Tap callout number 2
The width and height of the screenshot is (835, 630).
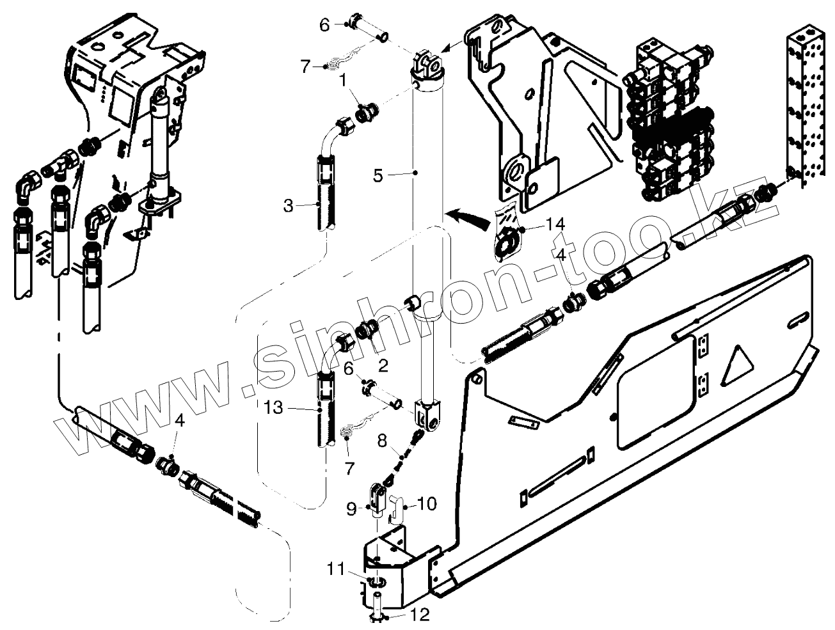(383, 366)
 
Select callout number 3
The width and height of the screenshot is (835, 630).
(288, 206)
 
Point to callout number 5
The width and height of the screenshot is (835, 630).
(379, 174)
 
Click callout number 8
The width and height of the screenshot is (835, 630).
(381, 440)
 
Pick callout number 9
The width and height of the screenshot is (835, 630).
(351, 509)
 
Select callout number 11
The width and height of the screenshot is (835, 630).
(337, 569)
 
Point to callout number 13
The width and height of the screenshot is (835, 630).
(274, 407)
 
